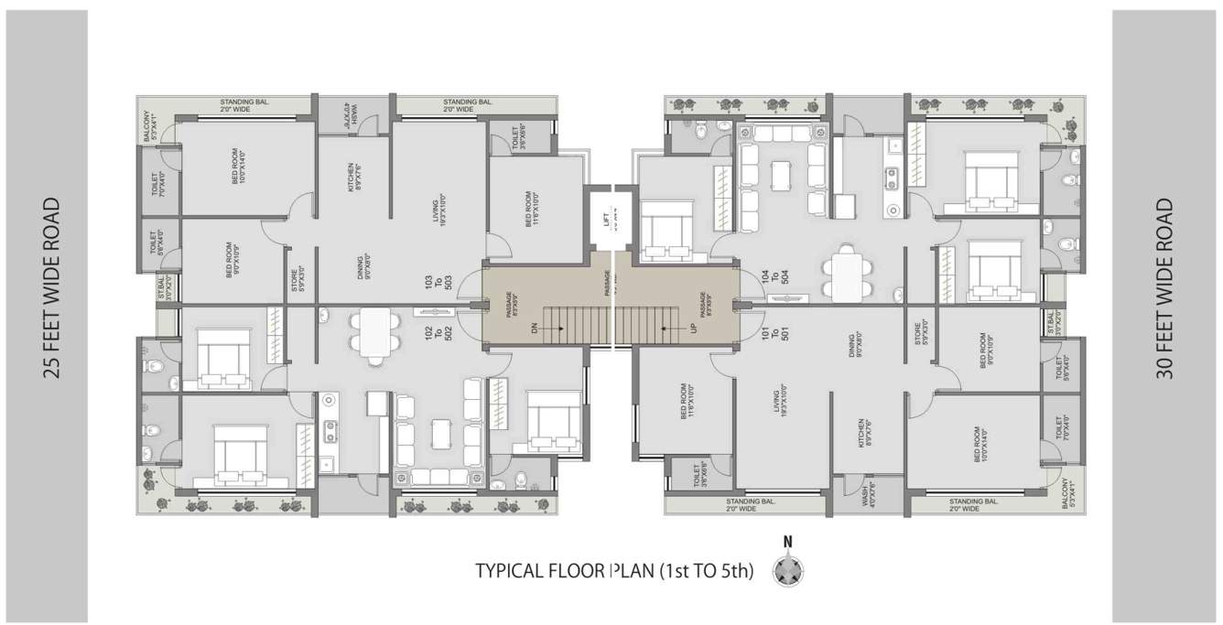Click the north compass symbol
(787, 571)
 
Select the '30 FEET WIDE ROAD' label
(1165, 288)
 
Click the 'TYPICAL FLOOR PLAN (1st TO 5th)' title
(614, 572)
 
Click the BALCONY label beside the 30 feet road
(1066, 493)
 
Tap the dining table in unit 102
(374, 336)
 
